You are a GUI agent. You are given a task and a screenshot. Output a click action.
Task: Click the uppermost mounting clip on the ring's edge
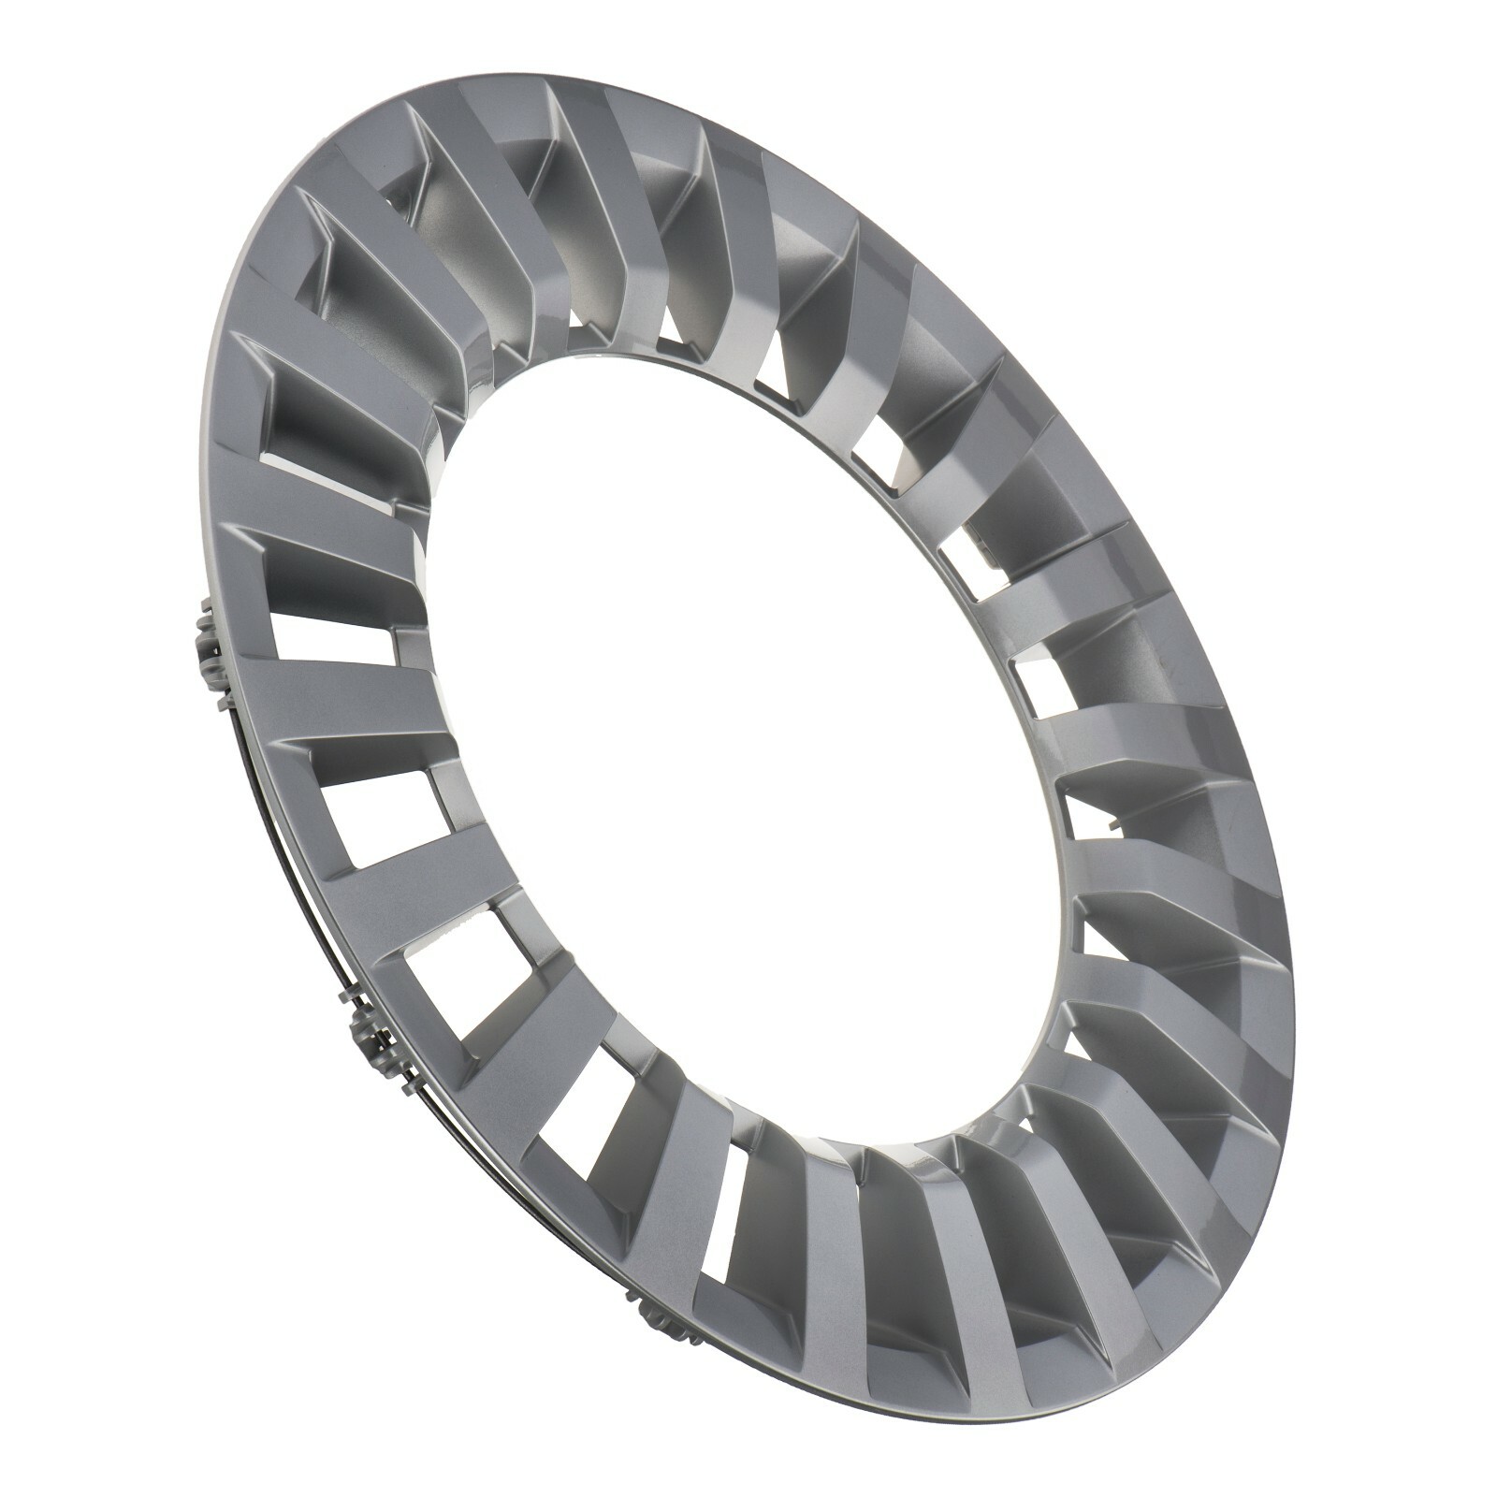click(208, 647)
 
